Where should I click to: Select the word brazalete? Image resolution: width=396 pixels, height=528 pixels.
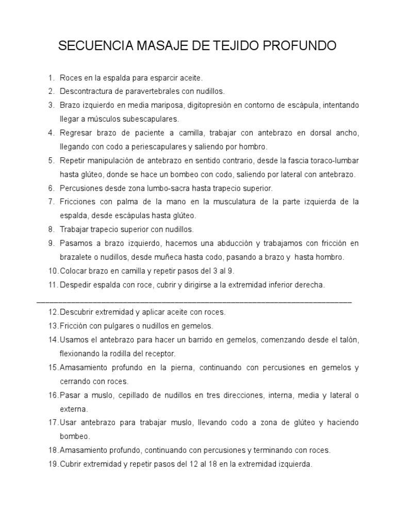pos(76,257)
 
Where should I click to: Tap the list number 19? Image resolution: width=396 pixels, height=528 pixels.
pos(53,464)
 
